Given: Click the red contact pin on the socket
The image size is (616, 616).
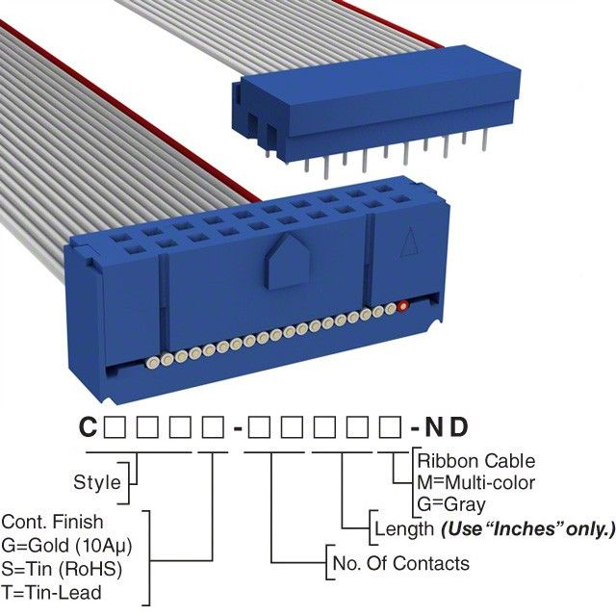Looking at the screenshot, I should coord(403,307).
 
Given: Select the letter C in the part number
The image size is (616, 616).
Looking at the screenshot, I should coord(88,427).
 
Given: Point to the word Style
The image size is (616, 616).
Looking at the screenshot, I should coord(97,482).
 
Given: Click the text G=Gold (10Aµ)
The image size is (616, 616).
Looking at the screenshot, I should coord(66,545).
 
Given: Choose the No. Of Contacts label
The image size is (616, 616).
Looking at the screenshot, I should coord(399,563).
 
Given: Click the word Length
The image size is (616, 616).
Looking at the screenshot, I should coord(403,528).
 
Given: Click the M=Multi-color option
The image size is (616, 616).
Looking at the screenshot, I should coord(475,482).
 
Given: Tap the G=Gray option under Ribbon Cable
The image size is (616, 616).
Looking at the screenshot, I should coord(451,503).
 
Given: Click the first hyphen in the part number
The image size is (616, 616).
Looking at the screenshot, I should coord(237,427).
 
